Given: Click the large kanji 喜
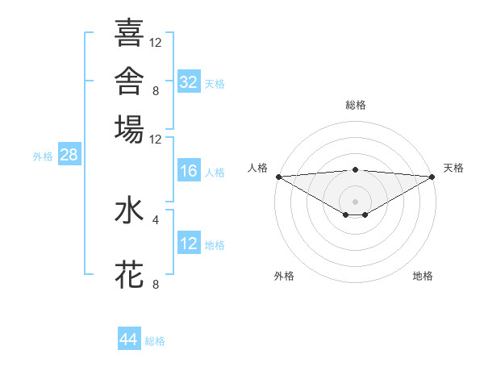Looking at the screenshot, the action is (129, 32).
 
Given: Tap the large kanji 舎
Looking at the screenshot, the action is (129, 81).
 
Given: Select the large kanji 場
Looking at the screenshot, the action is (129, 129).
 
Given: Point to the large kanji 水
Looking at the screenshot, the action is (129, 210).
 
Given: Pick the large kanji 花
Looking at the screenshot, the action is (129, 274).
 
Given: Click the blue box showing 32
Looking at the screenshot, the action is (189, 81).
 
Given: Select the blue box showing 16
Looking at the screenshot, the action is (189, 170).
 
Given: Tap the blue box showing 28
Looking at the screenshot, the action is (69, 154).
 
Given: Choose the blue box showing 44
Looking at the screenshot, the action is (129, 338).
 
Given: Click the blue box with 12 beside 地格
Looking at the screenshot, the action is (189, 242).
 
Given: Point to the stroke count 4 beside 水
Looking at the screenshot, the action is (156, 220).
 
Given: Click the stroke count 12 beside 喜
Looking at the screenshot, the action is (155, 43).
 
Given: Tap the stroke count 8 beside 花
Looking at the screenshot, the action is (156, 284).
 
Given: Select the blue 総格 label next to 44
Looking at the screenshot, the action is (155, 341).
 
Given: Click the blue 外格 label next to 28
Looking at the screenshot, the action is (43, 156).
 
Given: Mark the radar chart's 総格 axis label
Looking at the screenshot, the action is (356, 105).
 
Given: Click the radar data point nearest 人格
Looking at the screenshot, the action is (279, 177).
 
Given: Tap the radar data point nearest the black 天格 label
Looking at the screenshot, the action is (432, 177).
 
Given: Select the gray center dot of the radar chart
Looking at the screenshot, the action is (355, 202).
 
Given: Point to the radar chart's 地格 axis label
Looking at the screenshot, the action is (423, 276).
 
